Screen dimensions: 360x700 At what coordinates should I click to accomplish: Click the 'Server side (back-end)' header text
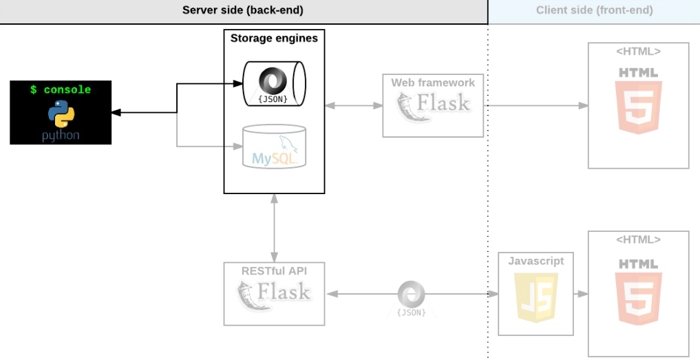tap(242, 10)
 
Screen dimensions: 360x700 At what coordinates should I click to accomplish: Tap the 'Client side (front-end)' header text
tap(594, 10)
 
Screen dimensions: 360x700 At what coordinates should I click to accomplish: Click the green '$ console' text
tap(61, 89)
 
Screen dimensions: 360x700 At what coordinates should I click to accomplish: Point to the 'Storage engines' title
tap(274, 39)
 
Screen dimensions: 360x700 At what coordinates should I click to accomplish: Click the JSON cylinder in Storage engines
tap(274, 83)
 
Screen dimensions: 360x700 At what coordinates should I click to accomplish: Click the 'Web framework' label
tap(433, 83)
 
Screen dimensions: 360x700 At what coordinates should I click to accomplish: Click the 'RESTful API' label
tap(274, 271)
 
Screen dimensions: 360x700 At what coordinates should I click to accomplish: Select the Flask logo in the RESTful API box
tap(274, 295)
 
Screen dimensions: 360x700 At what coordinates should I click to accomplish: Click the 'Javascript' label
tap(535, 261)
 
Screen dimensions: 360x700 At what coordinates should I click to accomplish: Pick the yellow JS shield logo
tap(535, 297)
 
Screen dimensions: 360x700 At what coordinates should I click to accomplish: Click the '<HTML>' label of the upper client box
tap(638, 51)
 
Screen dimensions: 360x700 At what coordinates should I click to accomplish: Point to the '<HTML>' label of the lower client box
tap(638, 240)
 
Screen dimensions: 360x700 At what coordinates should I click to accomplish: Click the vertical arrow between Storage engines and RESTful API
tap(274, 227)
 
